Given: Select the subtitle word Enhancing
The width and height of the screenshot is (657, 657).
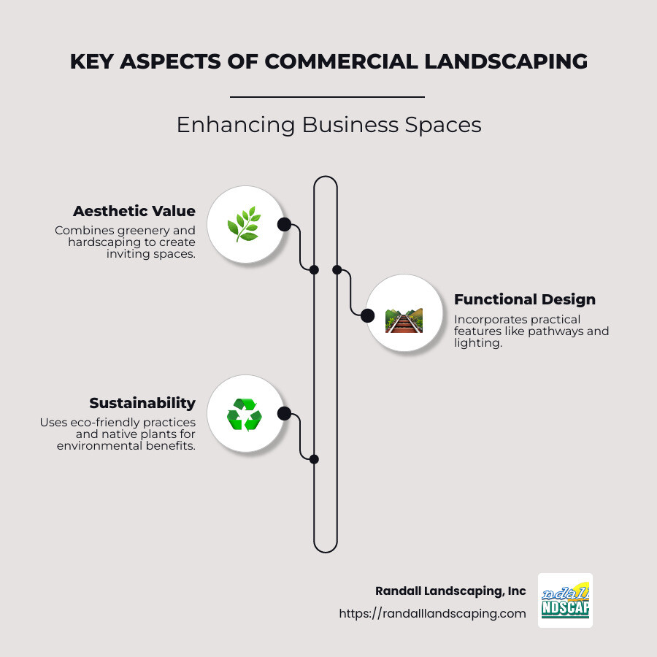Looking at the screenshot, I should click(235, 125).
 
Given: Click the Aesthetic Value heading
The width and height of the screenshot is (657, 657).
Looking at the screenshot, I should click(134, 212).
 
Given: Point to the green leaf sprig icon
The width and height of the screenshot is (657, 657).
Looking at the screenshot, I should click(244, 224).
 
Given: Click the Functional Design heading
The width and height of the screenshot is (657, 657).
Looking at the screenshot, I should click(524, 299).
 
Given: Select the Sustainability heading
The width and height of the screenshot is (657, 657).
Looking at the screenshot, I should click(142, 403).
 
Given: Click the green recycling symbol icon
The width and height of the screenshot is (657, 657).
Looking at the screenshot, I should click(244, 414).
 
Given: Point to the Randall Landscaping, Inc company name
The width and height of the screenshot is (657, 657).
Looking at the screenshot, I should click(450, 591).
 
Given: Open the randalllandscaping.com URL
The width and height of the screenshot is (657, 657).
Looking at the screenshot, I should click(432, 614).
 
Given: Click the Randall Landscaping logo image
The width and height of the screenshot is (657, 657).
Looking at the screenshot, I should click(565, 600).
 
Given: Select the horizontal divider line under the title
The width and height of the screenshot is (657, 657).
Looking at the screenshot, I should click(327, 96).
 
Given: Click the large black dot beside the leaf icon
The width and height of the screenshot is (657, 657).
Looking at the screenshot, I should click(284, 224).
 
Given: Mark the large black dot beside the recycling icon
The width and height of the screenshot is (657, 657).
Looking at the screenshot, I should click(284, 414).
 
